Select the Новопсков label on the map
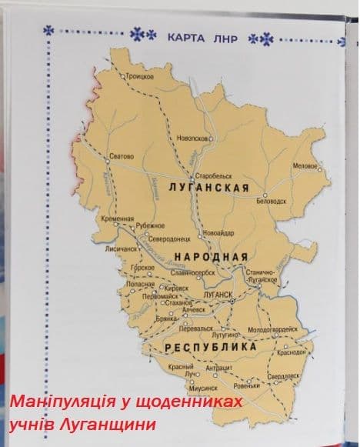[193, 138]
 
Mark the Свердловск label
[283, 376]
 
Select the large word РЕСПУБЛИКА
[210, 348]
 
